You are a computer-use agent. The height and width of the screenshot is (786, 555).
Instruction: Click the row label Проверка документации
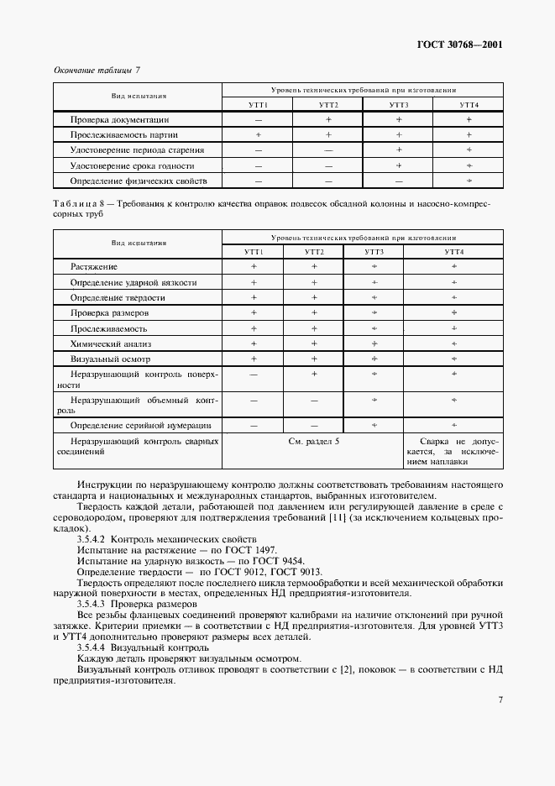121,120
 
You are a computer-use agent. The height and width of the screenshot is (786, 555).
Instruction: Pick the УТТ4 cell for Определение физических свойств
469,181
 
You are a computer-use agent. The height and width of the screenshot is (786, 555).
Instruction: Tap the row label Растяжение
94,266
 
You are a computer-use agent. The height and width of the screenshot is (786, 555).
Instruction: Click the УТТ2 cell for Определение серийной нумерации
314,425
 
